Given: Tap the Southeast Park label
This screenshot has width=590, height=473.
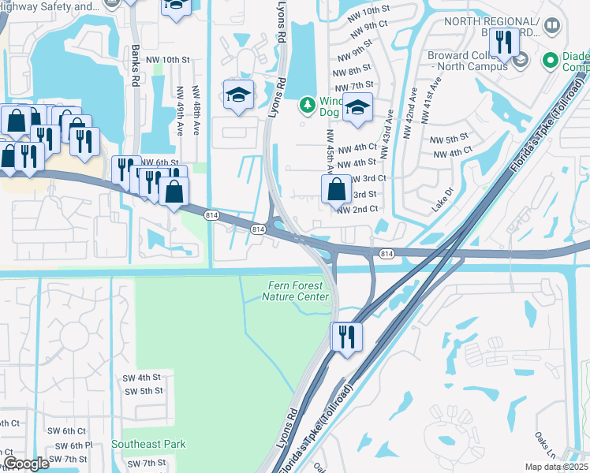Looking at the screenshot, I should tap(148, 444).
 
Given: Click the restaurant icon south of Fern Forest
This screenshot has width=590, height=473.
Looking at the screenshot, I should tap(345, 337).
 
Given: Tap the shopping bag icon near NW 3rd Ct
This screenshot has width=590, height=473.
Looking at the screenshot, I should tap(336, 189).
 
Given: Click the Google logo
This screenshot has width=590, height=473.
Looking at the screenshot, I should tap(26, 464).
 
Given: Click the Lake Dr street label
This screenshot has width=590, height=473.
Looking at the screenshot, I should tap(443, 200).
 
